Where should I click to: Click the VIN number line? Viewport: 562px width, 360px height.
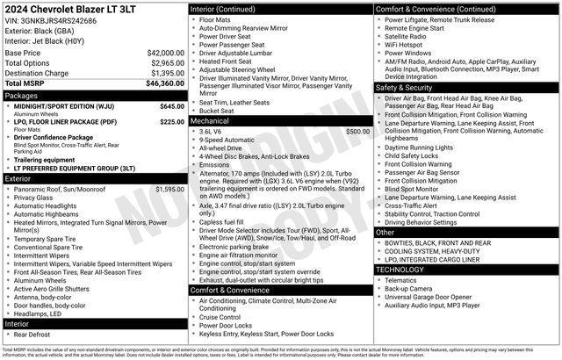tap(51, 20)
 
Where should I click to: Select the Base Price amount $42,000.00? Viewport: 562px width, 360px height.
tap(165, 53)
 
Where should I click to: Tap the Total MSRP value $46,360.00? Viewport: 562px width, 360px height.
tap(165, 83)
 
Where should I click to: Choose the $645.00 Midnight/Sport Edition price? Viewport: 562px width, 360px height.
tap(172, 105)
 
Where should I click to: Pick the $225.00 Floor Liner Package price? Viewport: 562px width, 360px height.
tap(172, 122)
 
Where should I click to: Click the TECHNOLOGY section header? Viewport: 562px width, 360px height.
tap(400, 270)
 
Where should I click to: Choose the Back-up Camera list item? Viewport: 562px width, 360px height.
tap(408, 289)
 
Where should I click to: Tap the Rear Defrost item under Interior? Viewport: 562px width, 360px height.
tap(32, 334)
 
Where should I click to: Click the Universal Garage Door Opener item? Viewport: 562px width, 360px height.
tap(434, 298)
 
